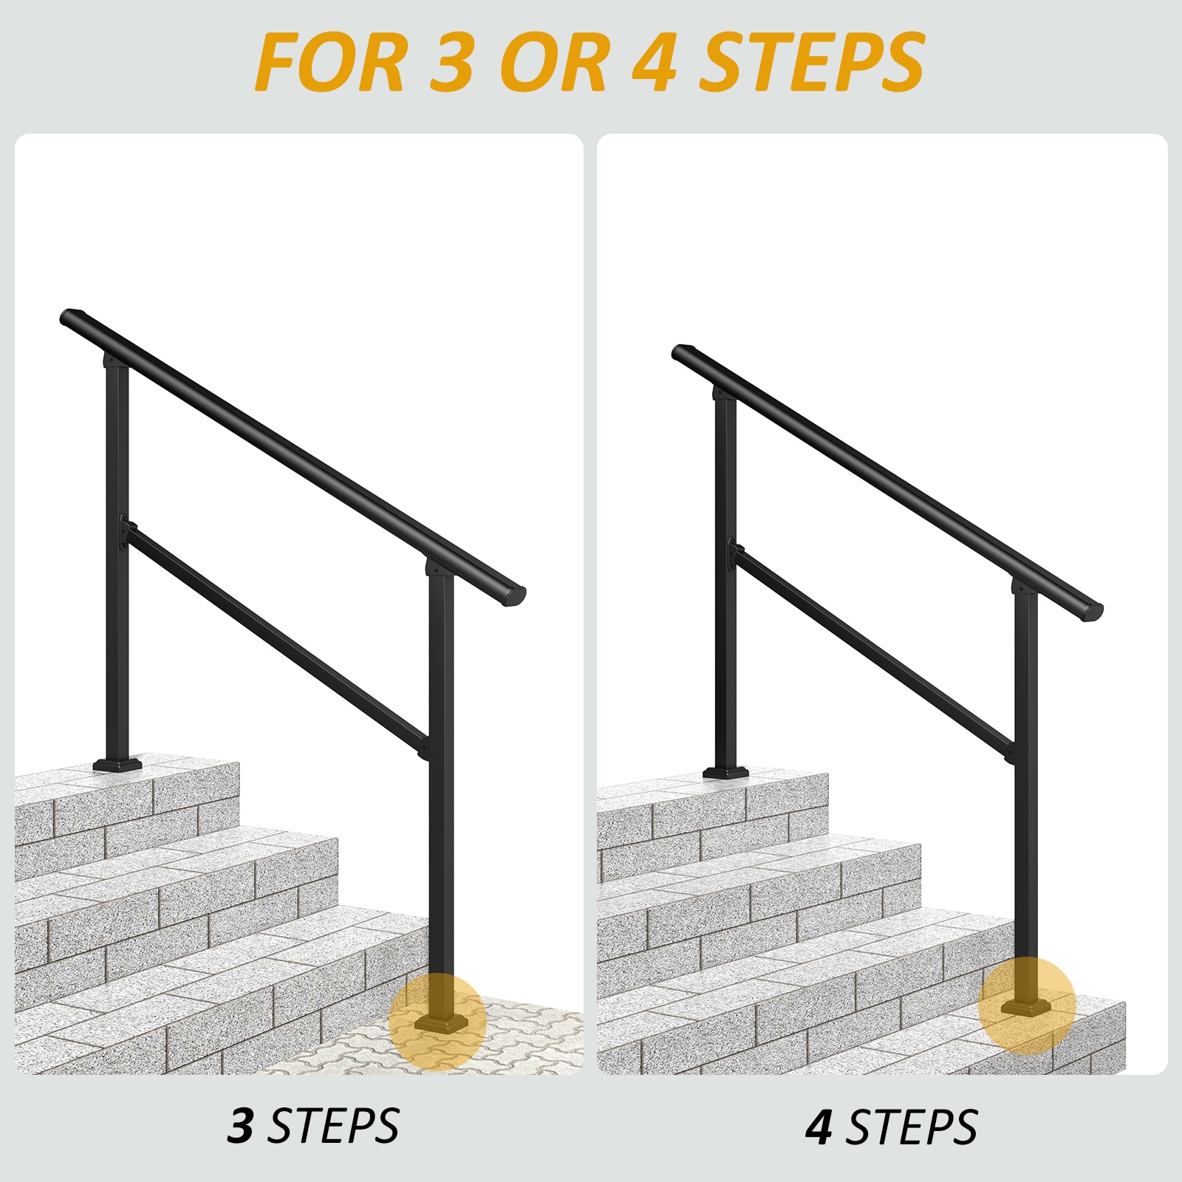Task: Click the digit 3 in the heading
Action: pos(451,62)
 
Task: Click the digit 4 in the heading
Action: pos(655,62)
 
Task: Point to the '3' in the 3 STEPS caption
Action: pos(241,1126)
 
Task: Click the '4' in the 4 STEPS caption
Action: pos(819,1127)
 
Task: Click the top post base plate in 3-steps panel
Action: pos(117,764)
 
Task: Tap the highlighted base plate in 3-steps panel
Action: pos(440,1023)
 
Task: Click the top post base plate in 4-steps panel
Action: pos(725,773)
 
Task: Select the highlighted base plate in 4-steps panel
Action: pos(1026,1008)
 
